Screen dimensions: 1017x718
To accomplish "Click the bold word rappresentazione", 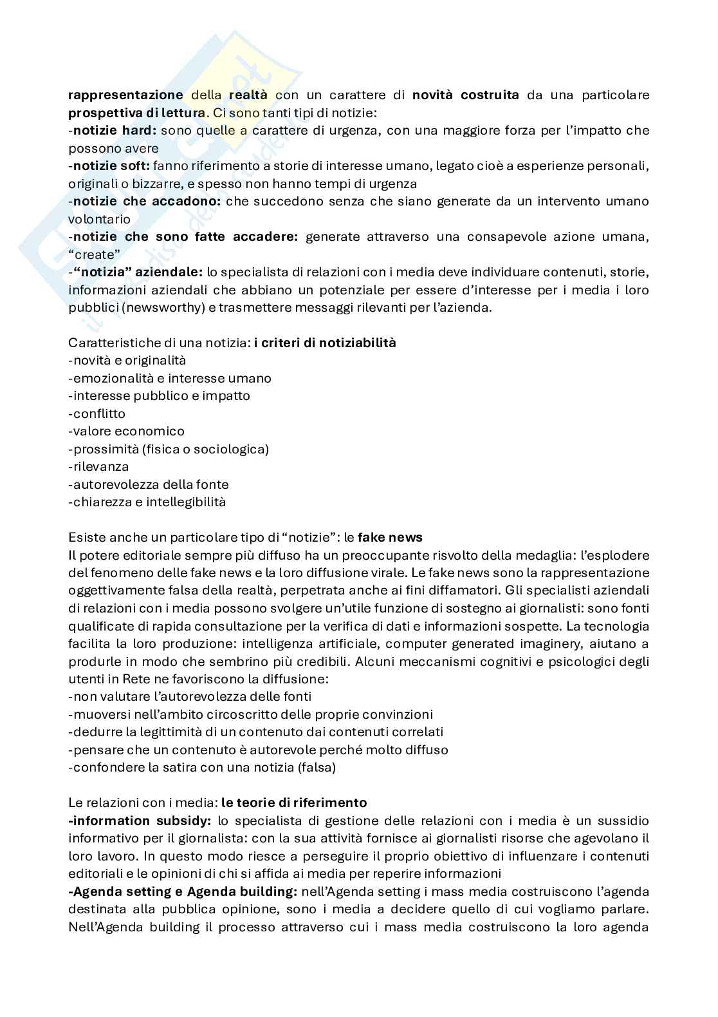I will [x=126, y=95].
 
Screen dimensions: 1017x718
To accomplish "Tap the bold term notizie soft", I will [x=111, y=166].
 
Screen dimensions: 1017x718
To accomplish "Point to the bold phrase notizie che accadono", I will [x=147, y=202].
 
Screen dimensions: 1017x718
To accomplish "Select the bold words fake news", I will [x=390, y=537].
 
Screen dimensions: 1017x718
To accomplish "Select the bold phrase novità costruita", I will [x=466, y=95].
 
